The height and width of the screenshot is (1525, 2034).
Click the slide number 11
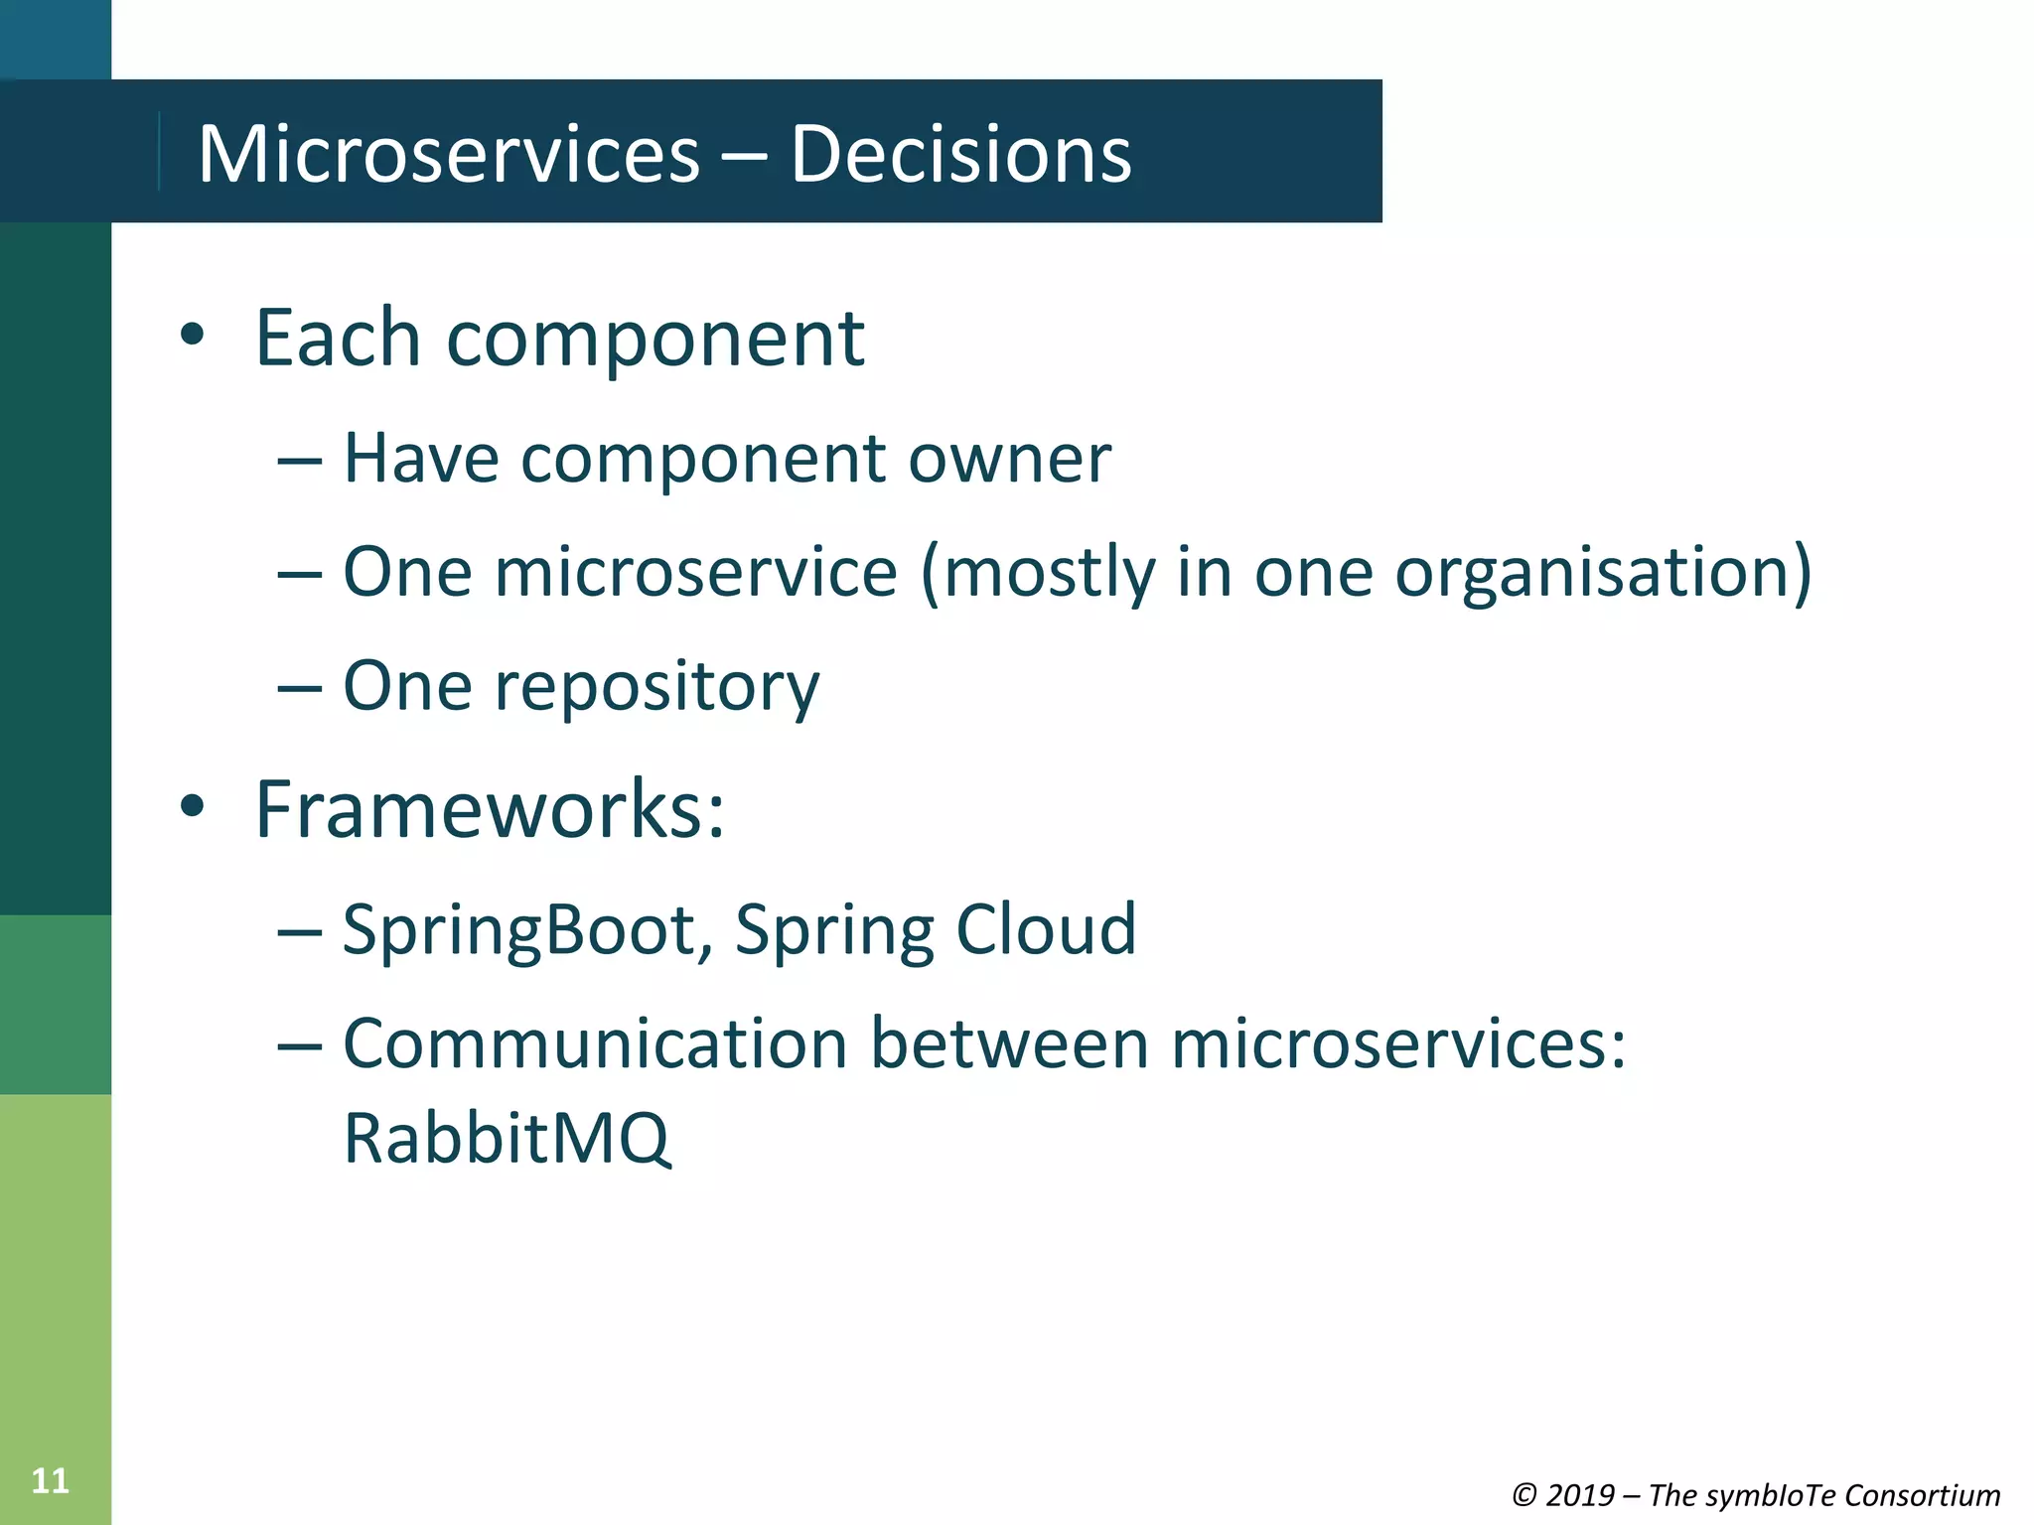[50, 1480]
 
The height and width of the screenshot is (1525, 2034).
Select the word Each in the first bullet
[338, 339]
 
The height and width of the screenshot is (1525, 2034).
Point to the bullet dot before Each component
[192, 336]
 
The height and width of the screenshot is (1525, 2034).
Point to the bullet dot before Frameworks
[192, 807]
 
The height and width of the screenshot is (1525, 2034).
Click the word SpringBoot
[526, 930]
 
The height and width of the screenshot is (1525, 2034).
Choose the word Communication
[595, 1044]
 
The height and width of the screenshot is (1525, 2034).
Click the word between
[1008, 1044]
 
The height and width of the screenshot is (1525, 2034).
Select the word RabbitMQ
[507, 1139]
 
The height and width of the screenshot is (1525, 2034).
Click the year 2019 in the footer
[1580, 1494]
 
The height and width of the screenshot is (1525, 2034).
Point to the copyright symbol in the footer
[1524, 1494]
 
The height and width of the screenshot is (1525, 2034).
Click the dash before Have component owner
[300, 462]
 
